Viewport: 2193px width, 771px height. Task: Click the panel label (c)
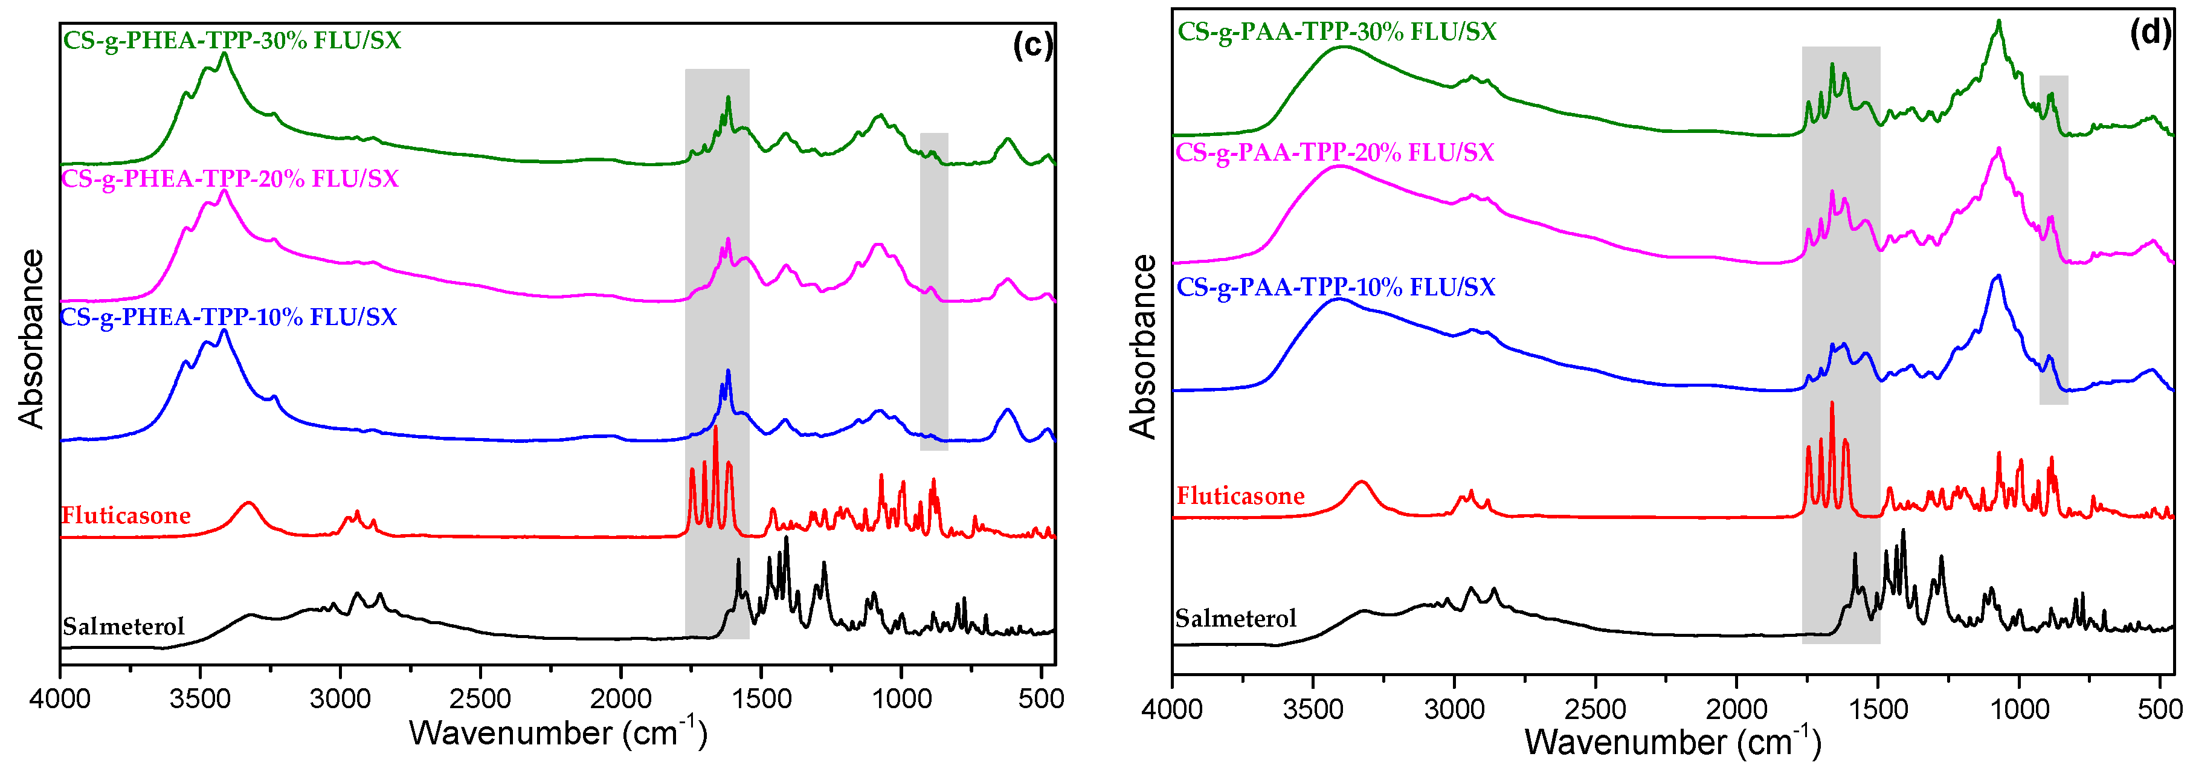[1032, 44]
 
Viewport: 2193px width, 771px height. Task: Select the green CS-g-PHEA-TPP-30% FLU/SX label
[231, 40]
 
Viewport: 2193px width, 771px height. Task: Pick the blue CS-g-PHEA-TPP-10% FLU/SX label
[228, 317]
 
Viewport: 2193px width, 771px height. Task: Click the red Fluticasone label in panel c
[126, 515]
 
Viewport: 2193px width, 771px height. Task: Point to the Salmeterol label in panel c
[123, 627]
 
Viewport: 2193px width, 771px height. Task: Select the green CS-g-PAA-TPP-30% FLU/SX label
[1336, 31]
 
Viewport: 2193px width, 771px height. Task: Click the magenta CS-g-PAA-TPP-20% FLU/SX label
[1335, 152]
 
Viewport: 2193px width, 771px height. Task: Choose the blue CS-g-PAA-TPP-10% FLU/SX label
[1336, 287]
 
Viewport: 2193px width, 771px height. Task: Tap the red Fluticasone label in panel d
[1240, 496]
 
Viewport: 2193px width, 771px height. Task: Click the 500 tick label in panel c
[1040, 700]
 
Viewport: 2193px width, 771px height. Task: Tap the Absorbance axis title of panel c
[31, 338]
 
